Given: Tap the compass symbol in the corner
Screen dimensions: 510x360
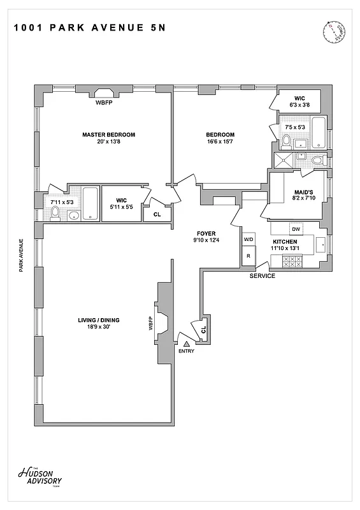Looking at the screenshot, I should click(x=334, y=31).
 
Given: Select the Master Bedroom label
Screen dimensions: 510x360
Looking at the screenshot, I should click(x=108, y=135).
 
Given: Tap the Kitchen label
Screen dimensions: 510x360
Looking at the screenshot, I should click(x=285, y=242).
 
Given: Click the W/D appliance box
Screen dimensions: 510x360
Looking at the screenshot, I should click(x=248, y=239).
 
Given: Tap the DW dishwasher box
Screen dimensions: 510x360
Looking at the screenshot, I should click(x=295, y=228).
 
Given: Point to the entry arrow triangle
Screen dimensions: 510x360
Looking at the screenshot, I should click(x=187, y=344).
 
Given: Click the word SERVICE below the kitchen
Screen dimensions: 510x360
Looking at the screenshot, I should click(x=262, y=276).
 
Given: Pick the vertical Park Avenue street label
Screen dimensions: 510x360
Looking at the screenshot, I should click(x=21, y=255).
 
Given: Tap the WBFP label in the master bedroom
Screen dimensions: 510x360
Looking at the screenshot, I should click(x=104, y=102).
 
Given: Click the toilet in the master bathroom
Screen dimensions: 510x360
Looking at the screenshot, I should click(x=55, y=212).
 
